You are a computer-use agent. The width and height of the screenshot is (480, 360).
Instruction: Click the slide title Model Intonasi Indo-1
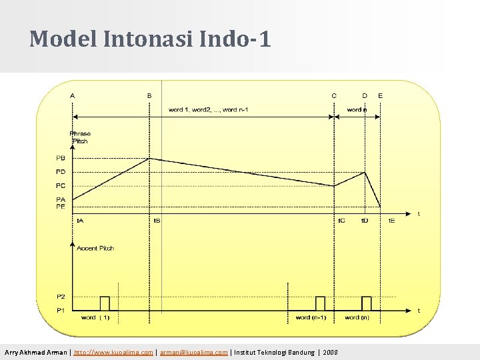(x=150, y=39)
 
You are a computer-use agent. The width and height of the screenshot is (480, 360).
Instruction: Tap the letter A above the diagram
(x=73, y=95)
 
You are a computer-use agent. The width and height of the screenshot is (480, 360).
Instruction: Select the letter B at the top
(x=149, y=95)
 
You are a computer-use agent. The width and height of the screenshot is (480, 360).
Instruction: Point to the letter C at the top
(x=334, y=95)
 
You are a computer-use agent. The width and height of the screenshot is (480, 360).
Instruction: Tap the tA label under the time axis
(x=80, y=220)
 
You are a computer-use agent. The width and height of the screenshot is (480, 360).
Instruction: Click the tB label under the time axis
(x=157, y=220)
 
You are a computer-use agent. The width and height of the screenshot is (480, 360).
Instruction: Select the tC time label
(x=341, y=220)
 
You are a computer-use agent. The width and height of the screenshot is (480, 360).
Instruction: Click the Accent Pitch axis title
(x=95, y=248)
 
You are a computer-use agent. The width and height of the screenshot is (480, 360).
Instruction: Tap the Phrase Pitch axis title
(x=81, y=137)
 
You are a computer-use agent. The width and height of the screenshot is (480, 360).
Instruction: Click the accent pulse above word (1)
(x=104, y=303)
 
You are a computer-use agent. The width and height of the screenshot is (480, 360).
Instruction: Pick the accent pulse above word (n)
(x=366, y=303)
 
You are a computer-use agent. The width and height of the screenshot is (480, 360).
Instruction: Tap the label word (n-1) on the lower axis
(x=311, y=318)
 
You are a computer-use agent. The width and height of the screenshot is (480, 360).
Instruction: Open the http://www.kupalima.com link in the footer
(x=113, y=352)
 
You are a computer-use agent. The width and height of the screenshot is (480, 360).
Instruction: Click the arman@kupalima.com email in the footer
(x=193, y=352)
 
